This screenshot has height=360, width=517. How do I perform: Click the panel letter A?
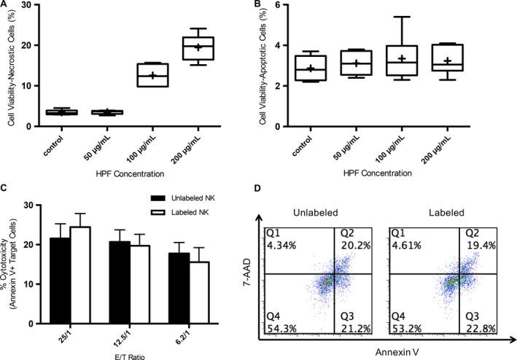point(6,4)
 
